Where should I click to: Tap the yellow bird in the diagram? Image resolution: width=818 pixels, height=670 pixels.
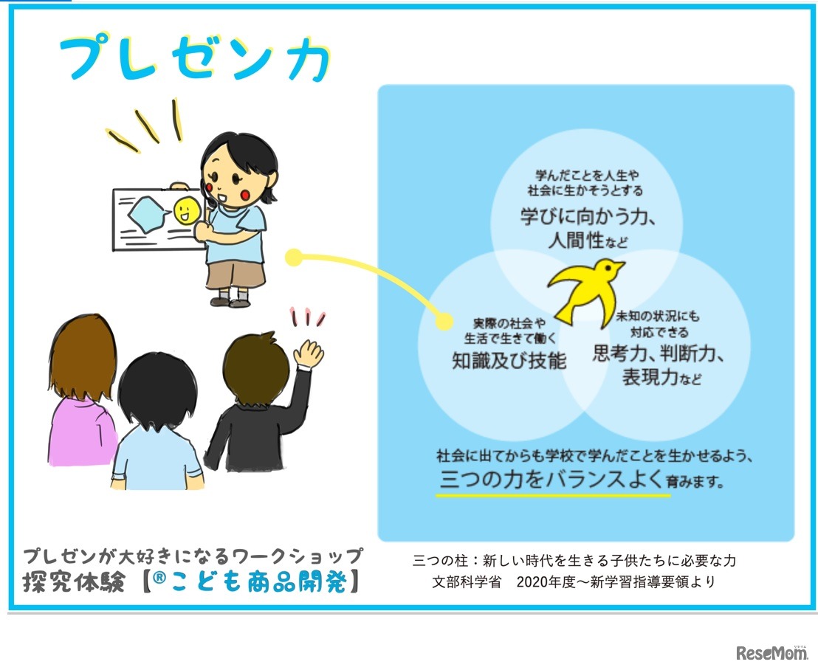587,288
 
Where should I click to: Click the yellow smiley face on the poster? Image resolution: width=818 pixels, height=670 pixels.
185,211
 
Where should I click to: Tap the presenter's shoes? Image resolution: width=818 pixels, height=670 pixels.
230,301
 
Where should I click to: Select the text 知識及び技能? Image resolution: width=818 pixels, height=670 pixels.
509,360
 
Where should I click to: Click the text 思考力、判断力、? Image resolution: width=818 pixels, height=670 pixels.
659,353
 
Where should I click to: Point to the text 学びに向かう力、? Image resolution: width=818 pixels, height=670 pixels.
588,218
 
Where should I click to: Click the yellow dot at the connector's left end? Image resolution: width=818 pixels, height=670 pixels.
293,258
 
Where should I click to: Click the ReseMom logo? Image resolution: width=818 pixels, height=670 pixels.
771,652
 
